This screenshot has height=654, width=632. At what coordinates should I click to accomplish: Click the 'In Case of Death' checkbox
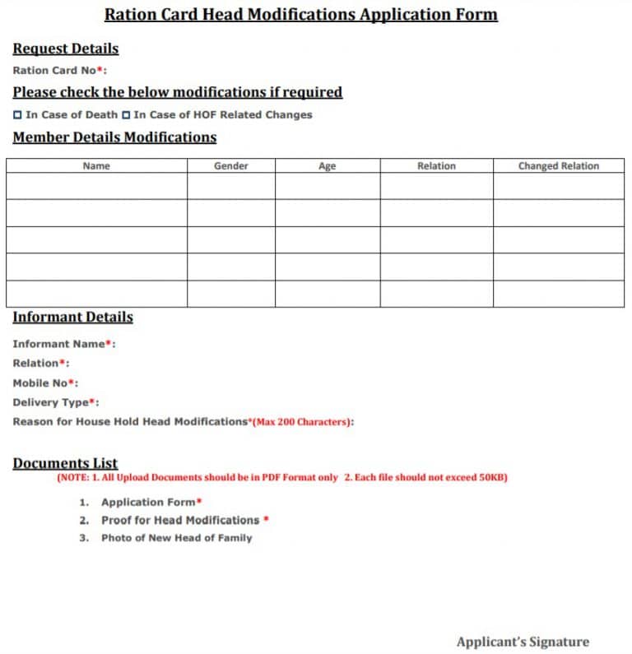coord(18,115)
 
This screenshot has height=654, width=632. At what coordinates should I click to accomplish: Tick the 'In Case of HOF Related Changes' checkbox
coord(126,115)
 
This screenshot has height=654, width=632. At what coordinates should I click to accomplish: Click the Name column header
coord(96,166)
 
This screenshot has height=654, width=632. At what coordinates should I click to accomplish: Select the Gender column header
coord(231,166)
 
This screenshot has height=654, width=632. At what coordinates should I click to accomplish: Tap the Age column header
coord(327,166)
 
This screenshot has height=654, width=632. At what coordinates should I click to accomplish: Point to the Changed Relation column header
coord(558,166)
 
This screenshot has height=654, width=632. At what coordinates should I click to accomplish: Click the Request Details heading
coord(66,49)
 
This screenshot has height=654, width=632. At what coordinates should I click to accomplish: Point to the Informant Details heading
coord(72,318)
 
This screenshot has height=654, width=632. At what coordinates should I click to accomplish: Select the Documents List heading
coord(65,463)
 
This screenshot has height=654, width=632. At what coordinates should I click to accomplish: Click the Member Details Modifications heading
coord(114,137)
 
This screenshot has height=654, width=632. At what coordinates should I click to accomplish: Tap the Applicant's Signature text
coord(523,642)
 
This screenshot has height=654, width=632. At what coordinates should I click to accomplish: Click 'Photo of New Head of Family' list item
coord(176,538)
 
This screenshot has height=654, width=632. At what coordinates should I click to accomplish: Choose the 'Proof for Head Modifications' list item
coord(180,520)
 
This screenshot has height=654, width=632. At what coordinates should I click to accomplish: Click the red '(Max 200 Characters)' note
coord(302,422)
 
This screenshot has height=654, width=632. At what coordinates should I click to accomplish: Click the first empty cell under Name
coord(96,186)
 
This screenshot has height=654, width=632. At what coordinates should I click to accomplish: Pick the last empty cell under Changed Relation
coord(558,294)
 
